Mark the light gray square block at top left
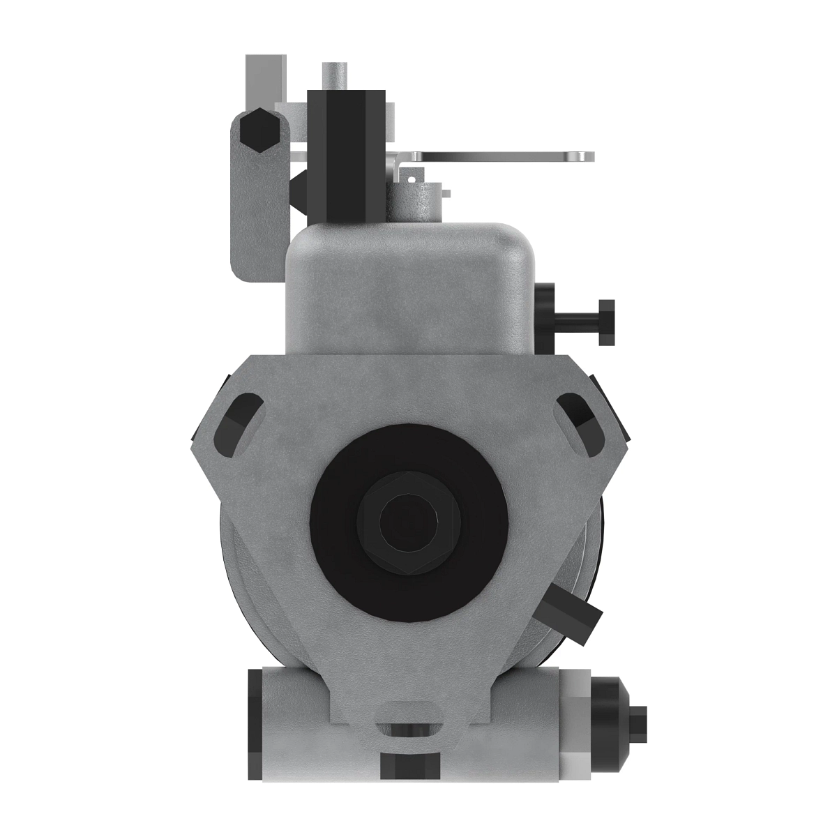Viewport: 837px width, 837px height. pos(265,77)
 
